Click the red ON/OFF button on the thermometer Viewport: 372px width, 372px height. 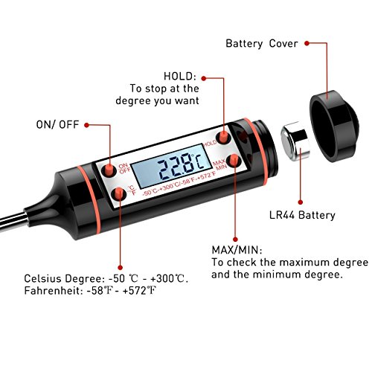109,170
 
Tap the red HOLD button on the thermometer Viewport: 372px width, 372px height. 223,136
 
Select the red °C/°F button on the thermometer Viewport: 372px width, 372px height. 119,193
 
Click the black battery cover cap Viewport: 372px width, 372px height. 334,126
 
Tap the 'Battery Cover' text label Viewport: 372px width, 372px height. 262,43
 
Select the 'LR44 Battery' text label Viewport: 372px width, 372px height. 302,215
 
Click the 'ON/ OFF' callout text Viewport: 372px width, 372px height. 57,124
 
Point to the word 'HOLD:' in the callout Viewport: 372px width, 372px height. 180,76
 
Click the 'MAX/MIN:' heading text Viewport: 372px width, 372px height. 237,250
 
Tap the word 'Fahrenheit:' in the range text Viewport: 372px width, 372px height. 54,291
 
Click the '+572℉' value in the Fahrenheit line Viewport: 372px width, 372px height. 139,291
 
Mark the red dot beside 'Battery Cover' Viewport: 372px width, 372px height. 307,43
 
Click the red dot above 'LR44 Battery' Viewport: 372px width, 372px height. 301,202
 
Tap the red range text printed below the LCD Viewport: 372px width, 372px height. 179,184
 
